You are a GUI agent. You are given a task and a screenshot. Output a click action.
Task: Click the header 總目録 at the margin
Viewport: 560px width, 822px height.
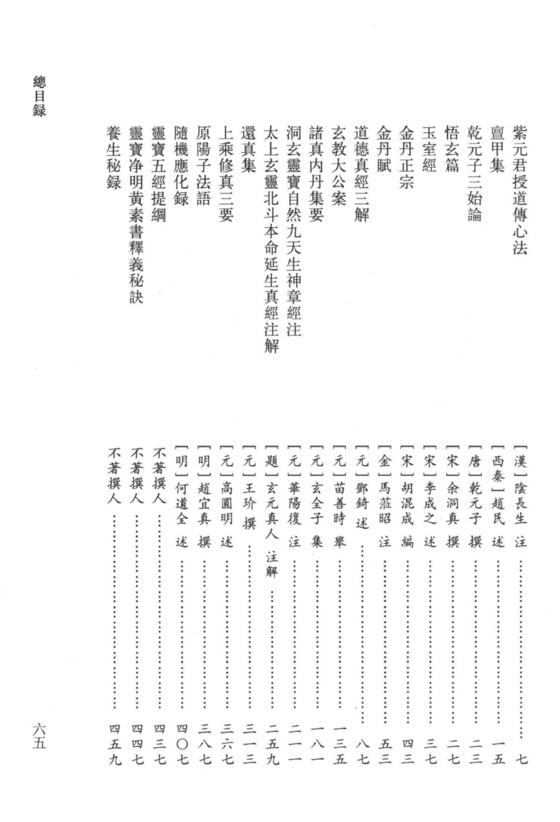(x=39, y=97)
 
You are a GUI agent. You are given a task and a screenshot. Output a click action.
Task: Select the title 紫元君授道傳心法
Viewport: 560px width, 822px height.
(x=520, y=191)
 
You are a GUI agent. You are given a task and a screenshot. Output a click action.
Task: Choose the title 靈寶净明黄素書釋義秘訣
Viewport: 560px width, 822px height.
(x=137, y=215)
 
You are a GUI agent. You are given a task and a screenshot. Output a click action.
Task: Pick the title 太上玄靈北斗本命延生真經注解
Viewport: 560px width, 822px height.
(x=272, y=240)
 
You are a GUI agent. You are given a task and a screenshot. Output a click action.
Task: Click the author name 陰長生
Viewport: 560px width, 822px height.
(x=521, y=503)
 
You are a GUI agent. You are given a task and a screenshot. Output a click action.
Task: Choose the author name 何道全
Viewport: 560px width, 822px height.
(x=181, y=503)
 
